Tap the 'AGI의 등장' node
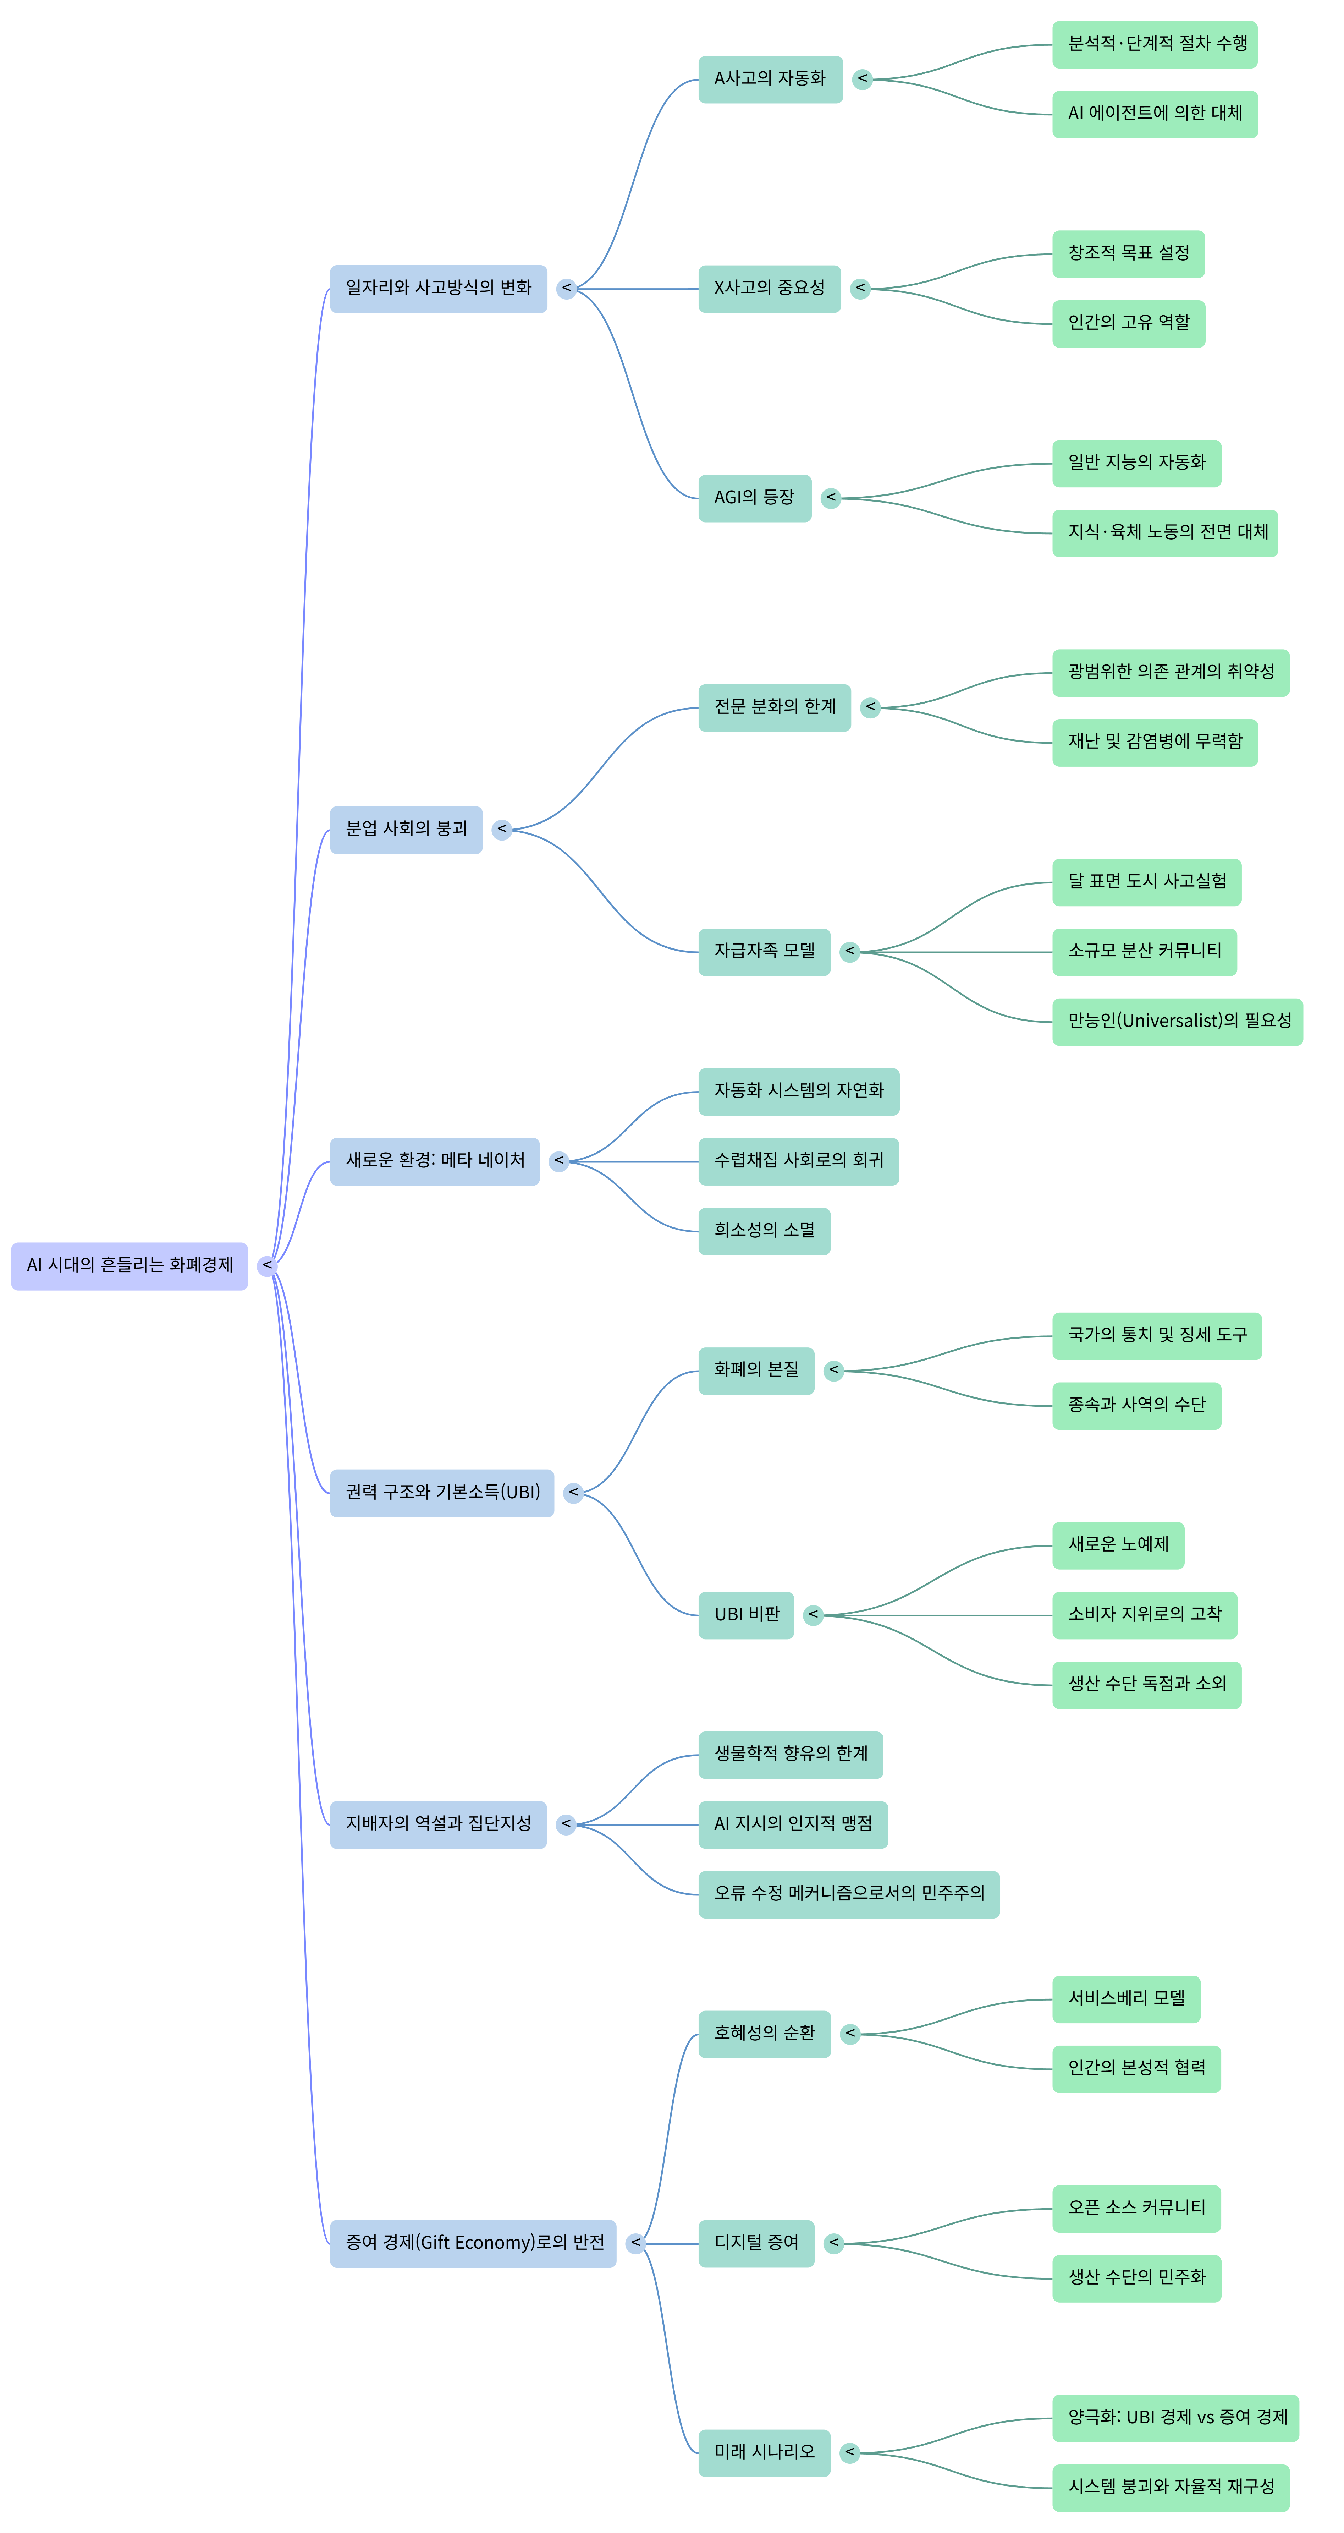click(x=754, y=498)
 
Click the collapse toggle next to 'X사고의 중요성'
click(x=860, y=288)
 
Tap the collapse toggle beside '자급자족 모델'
click(x=849, y=952)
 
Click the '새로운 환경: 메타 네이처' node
click(x=435, y=1161)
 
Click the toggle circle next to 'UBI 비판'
click(x=813, y=1615)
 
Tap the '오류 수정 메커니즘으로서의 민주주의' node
click(x=848, y=1894)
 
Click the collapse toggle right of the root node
click(x=266, y=1265)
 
